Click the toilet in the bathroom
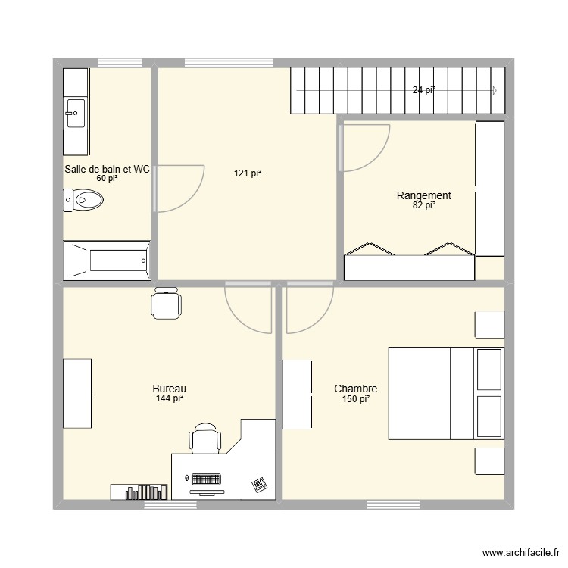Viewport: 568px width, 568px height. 84,200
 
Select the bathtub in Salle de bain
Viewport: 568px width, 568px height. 107,261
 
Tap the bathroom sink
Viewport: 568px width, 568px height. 75,112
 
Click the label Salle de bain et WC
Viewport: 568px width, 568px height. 107,170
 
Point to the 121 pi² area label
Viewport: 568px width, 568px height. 247,173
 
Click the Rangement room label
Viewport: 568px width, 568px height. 423,195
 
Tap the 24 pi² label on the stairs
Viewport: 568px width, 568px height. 423,90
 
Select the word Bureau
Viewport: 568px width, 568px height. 170,389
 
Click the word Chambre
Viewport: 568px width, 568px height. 355,389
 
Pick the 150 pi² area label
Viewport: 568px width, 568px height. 355,399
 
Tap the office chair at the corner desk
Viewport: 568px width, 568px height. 205,438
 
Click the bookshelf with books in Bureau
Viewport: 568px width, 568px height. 140,492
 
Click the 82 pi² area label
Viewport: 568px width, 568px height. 423,205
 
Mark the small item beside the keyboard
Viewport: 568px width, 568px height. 259,484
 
